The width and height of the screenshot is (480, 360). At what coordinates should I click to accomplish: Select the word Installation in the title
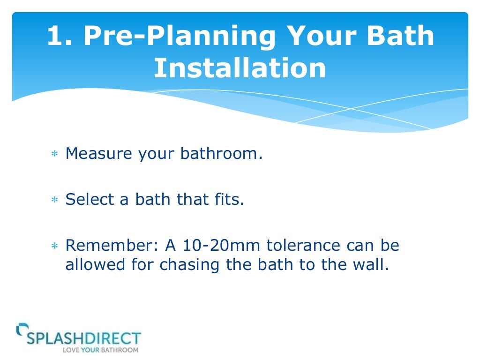(x=240, y=68)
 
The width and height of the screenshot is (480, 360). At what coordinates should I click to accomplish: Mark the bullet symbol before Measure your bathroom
(x=54, y=155)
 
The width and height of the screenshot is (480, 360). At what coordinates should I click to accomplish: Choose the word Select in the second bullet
(x=90, y=200)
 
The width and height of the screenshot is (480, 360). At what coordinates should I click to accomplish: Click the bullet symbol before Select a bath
(x=54, y=201)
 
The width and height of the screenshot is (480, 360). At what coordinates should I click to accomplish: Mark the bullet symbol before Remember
(x=54, y=246)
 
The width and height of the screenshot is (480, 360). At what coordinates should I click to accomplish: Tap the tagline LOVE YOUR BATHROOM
(x=101, y=350)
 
